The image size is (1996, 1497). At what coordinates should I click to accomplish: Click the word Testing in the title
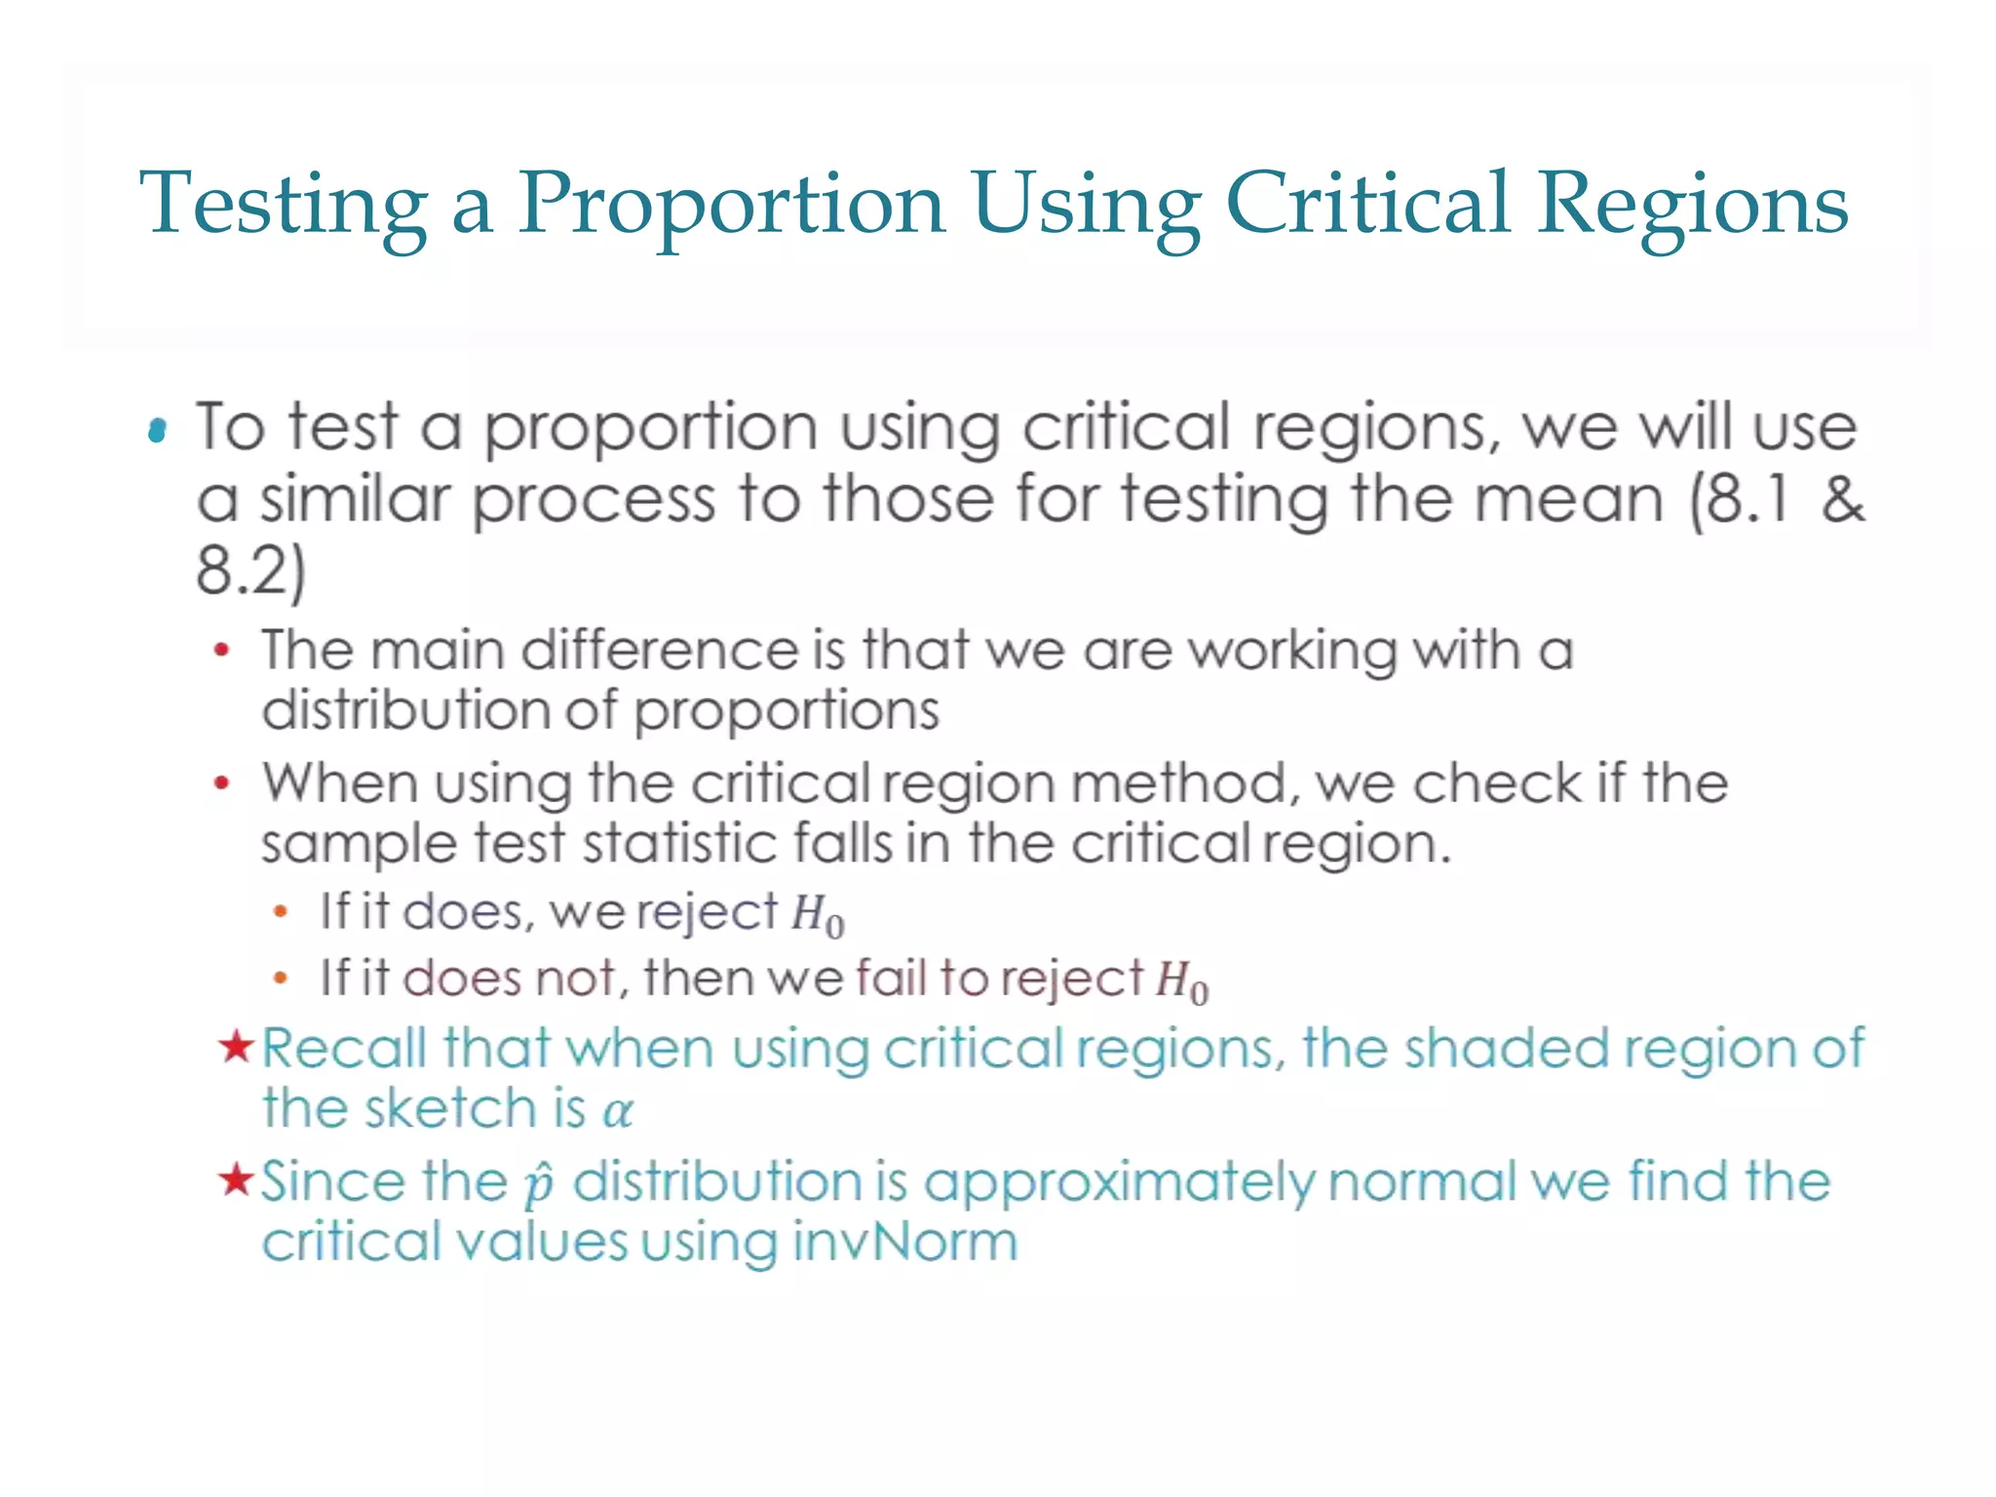click(x=283, y=205)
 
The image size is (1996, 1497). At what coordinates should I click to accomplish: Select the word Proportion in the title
click(x=731, y=205)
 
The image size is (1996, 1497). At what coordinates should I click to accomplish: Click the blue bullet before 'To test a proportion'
click(x=157, y=430)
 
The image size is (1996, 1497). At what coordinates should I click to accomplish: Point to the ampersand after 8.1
click(x=1841, y=500)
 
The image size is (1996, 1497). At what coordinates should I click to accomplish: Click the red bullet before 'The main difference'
click(x=222, y=650)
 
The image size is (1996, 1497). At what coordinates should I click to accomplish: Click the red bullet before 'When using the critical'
click(x=222, y=783)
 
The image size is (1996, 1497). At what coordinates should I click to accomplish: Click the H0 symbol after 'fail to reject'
click(x=1181, y=982)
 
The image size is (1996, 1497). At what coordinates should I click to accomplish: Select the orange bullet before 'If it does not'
click(x=281, y=978)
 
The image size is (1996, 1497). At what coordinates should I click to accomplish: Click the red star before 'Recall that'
click(x=236, y=1048)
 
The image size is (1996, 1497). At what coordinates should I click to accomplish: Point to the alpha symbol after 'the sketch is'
click(x=617, y=1112)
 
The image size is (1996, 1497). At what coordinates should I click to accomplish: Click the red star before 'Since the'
click(x=236, y=1180)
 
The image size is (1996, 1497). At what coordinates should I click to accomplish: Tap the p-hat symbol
click(x=538, y=1186)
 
